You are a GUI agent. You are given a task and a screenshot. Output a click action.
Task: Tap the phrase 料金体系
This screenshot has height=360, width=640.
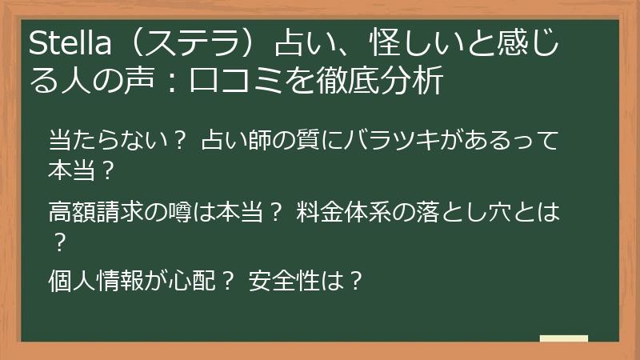pyautogui.click(x=336, y=212)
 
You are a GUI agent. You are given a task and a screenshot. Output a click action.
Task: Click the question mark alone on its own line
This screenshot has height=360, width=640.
pyautogui.click(x=58, y=242)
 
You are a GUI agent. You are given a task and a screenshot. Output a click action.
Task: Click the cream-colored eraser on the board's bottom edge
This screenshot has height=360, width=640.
pyautogui.click(x=563, y=339)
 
